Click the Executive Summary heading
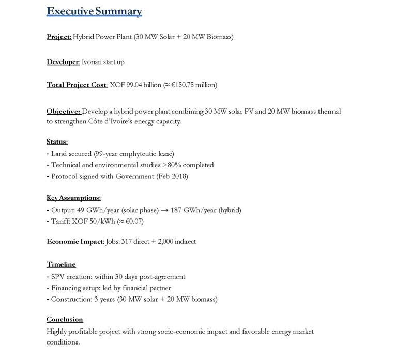pyautogui.click(x=94, y=11)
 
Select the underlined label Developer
pyautogui.click(x=63, y=62)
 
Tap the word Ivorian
pyautogui.click(x=93, y=62)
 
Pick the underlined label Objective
pyautogui.click(x=64, y=111)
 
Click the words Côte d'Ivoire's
pyautogui.click(x=109, y=121)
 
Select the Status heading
pyautogui.click(x=57, y=142)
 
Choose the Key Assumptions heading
pyautogui.click(x=73, y=198)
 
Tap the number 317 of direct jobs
pyautogui.click(x=127, y=241)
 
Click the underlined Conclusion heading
pyautogui.click(x=65, y=319)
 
